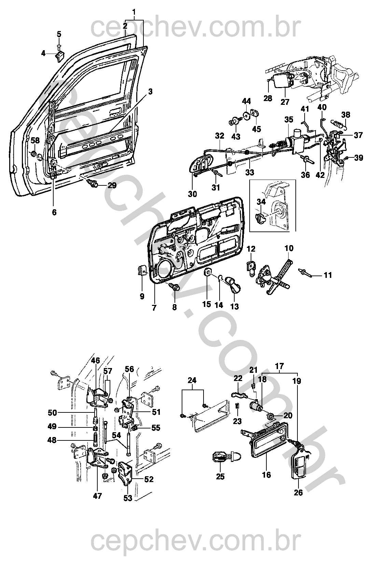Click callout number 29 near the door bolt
coord(112,186)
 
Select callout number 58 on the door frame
coord(35,141)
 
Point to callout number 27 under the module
coord(285,102)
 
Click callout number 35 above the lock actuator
coord(289,119)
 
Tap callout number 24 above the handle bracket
coord(192,380)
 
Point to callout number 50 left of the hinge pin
coord(52,413)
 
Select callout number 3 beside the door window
coord(150,91)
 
